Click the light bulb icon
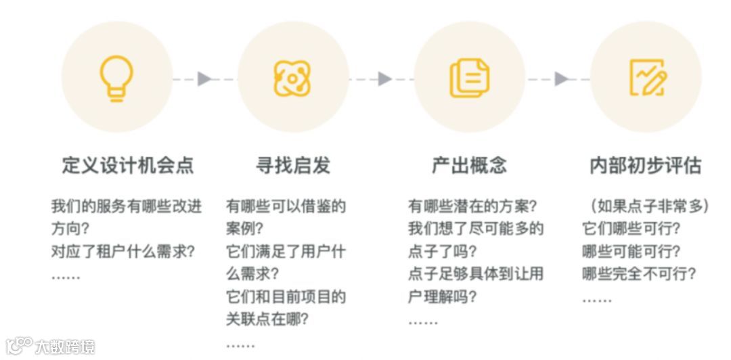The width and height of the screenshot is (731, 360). click(x=116, y=78)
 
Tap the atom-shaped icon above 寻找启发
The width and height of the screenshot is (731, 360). click(x=292, y=78)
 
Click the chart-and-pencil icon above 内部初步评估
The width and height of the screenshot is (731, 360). click(x=646, y=78)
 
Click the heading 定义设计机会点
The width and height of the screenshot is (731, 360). click(x=127, y=166)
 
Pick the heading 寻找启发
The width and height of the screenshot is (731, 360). click(x=292, y=166)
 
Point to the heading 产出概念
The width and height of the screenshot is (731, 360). click(x=469, y=166)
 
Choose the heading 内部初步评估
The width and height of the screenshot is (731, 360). click(x=645, y=166)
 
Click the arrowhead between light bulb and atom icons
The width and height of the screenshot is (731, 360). click(x=204, y=79)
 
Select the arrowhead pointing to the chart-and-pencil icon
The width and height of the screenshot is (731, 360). click(x=561, y=79)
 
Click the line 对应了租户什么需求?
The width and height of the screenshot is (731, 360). click(x=123, y=252)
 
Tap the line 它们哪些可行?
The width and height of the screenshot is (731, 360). click(x=631, y=229)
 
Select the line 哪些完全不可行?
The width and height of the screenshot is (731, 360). click(x=639, y=274)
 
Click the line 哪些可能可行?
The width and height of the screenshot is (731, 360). click(x=631, y=252)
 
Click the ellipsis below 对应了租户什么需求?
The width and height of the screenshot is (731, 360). click(x=66, y=276)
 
